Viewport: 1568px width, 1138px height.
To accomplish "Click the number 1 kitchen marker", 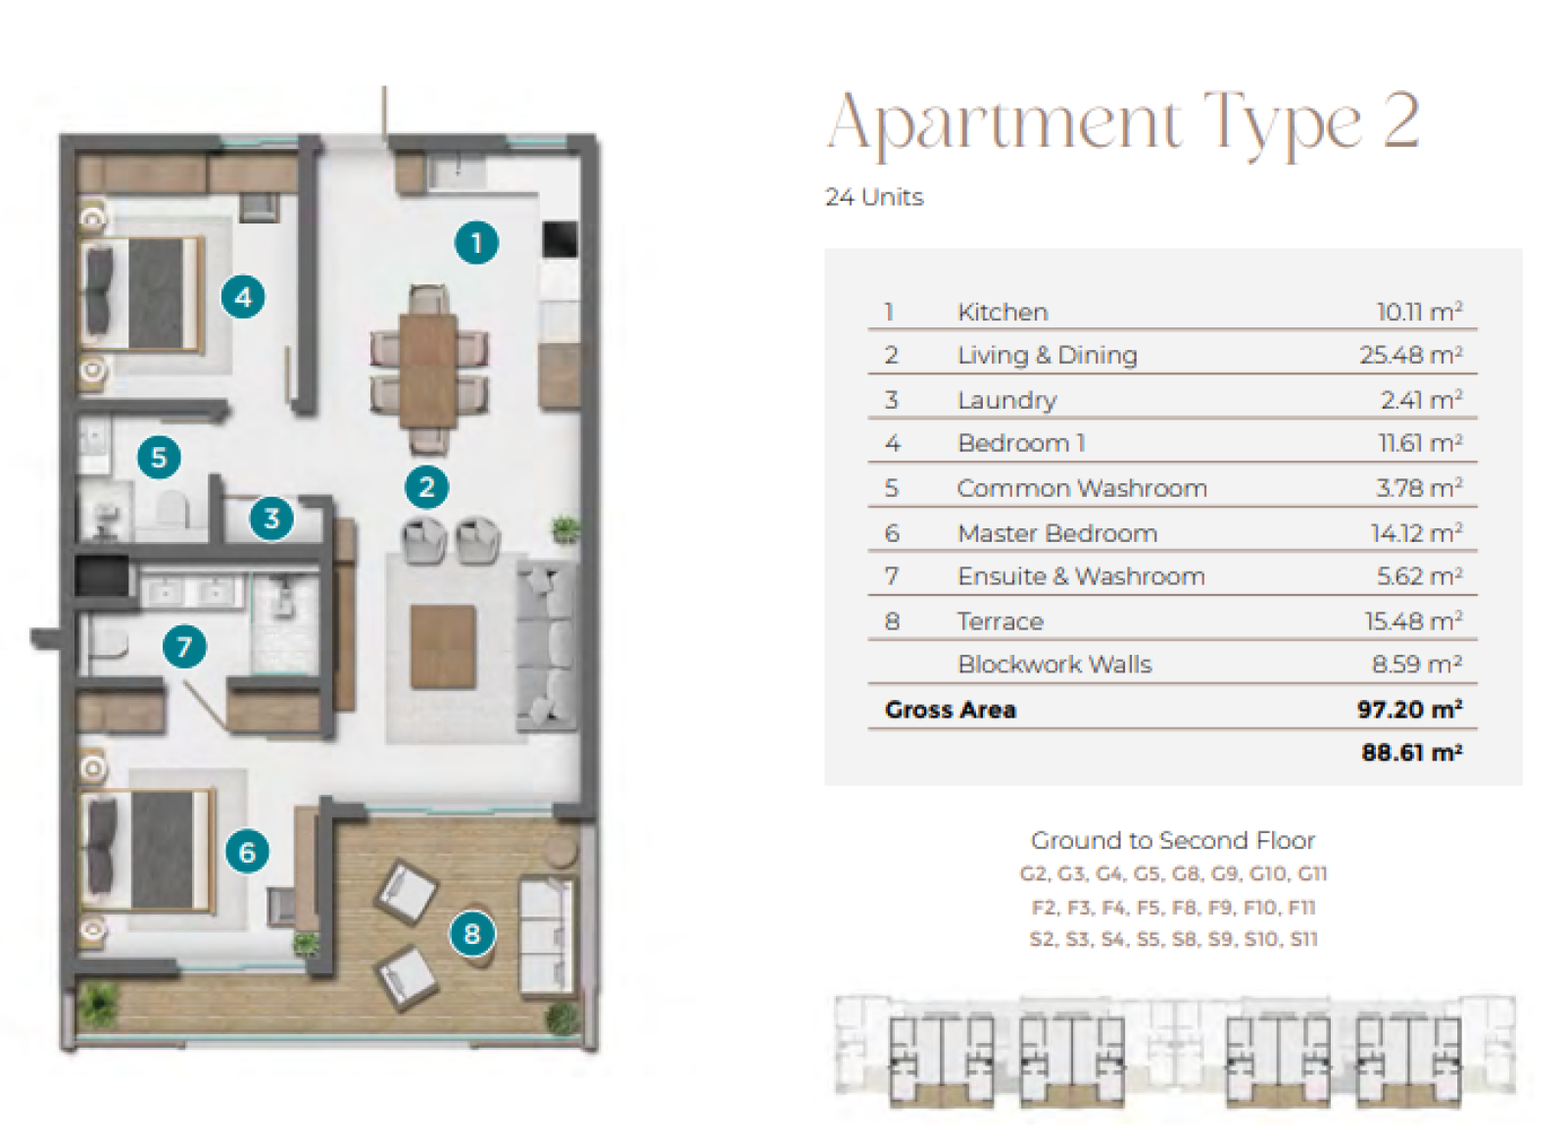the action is coord(476,243).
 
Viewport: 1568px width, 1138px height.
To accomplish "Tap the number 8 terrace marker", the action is coord(471,933).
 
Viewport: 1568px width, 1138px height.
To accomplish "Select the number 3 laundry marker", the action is coord(271,519).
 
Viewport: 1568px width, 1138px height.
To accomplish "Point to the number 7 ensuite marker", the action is coord(184,646).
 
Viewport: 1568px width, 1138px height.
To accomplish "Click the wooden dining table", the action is coord(428,371).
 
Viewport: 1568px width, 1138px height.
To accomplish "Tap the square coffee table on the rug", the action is coord(443,648).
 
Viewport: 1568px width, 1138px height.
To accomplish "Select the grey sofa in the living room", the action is coord(547,646).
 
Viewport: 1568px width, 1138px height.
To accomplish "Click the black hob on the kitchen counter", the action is coord(560,239).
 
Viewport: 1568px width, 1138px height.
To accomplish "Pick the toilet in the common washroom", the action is coord(171,509).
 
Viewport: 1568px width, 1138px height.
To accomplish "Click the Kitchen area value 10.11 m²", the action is coord(1420,312).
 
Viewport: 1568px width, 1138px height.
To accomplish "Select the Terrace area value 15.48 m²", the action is coord(1413,621).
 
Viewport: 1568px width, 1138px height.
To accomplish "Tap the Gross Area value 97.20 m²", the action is coord(1410,710).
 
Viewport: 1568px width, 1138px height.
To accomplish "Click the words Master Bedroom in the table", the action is coord(1057,533).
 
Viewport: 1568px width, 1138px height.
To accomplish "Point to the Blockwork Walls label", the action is coord(1054,664).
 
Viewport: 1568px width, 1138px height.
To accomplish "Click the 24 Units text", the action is coord(874,197).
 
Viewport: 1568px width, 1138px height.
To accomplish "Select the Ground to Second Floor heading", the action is coord(1172,840).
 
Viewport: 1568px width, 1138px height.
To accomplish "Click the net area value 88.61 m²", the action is coord(1412,753).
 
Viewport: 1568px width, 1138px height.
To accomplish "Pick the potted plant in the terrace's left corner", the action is coord(99,1004).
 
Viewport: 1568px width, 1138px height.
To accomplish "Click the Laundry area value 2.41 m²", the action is coord(1422,400).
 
